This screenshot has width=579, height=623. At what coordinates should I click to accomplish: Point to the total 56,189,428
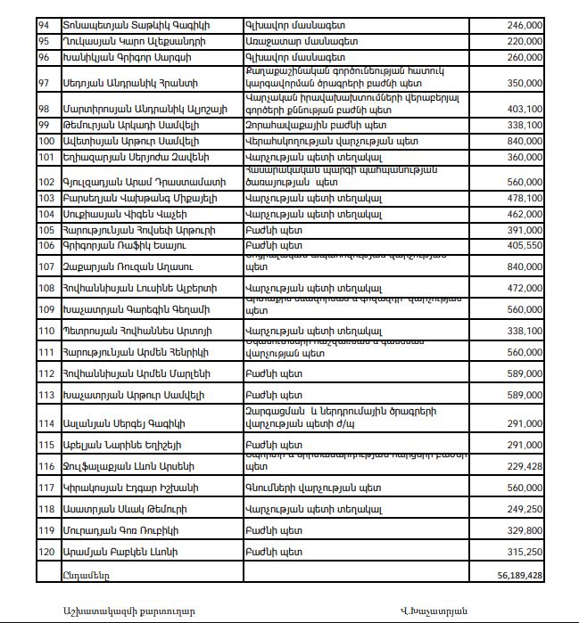click(x=515, y=576)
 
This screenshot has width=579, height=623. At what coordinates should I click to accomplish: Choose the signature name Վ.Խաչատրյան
click(x=434, y=610)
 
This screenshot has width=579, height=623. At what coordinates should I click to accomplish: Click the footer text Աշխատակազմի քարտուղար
click(x=123, y=610)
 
